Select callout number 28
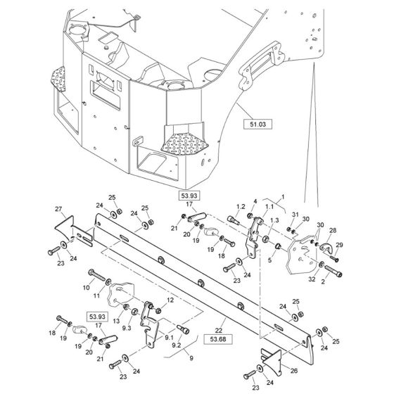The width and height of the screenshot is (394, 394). (332, 231)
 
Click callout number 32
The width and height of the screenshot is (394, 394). (312, 279)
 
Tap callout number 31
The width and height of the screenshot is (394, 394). (295, 215)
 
